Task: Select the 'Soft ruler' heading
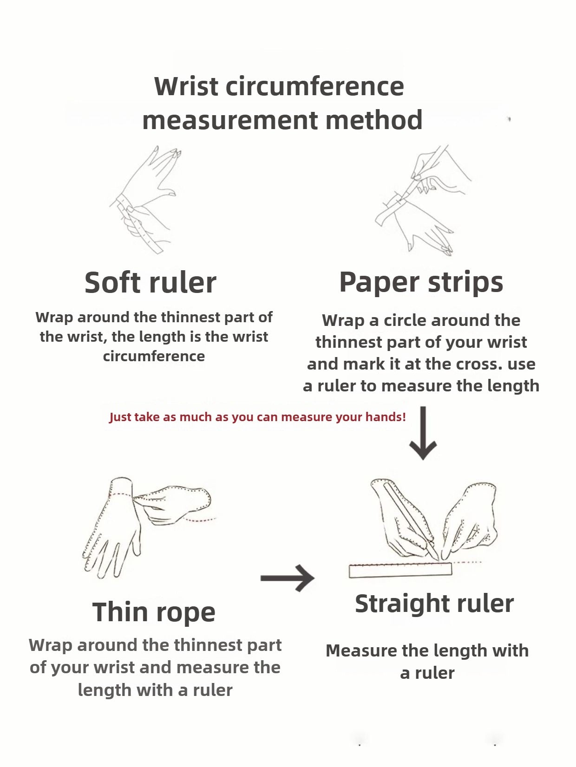(x=151, y=282)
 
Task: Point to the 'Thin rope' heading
(x=154, y=612)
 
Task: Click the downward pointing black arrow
(x=423, y=433)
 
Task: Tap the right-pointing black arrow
(x=287, y=578)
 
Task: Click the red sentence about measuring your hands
(x=258, y=417)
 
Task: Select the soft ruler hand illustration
(x=145, y=199)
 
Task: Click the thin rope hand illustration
(x=147, y=527)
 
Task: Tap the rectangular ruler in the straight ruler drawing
(x=400, y=570)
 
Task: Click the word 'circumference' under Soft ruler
(x=154, y=357)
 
